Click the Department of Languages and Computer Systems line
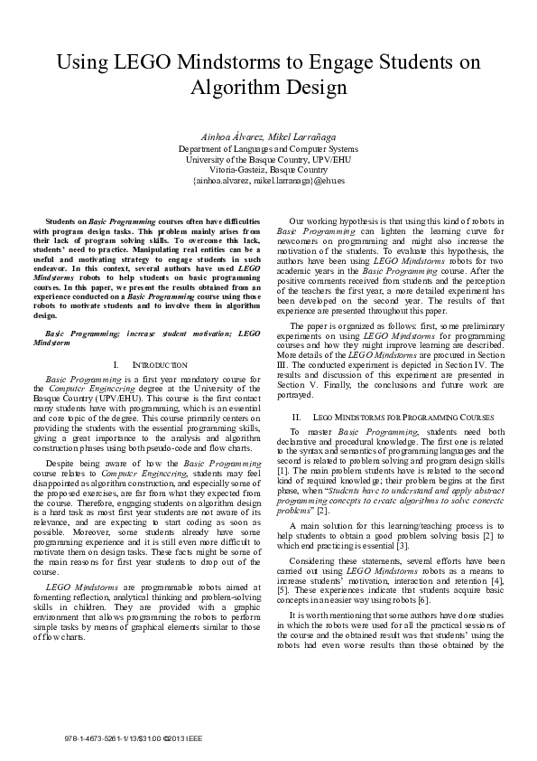coord(268,148)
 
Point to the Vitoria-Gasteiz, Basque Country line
coord(268,169)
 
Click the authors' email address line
coord(268,180)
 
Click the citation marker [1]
coord(283,471)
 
